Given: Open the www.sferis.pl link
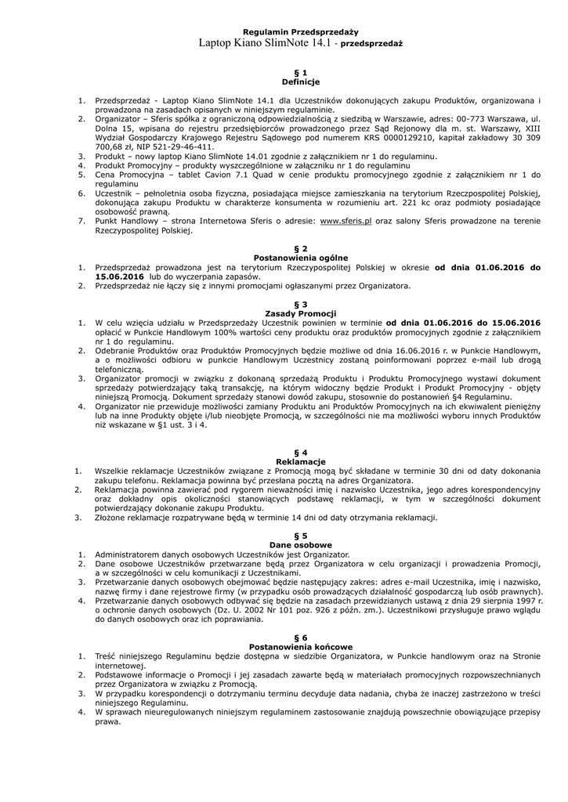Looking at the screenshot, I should point(346,222).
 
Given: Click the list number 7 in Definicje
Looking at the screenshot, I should point(81,222).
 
